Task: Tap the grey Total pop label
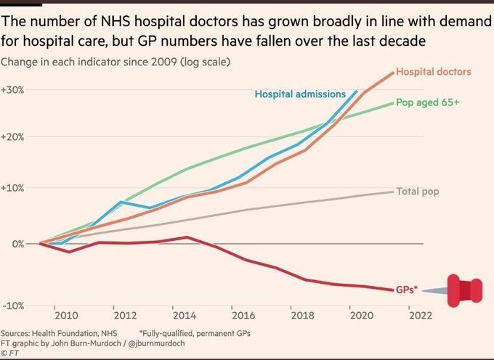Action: (x=418, y=192)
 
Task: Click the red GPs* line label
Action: (x=406, y=289)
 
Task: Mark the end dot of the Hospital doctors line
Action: (x=393, y=73)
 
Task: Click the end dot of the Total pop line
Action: (x=393, y=192)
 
